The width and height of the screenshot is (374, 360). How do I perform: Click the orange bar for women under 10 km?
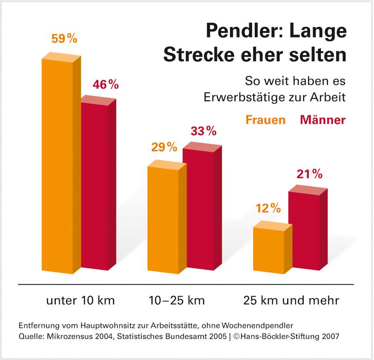click(x=57, y=165)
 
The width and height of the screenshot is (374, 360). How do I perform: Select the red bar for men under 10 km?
click(x=95, y=185)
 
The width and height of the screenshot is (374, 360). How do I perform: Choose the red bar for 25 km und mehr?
click(x=304, y=231)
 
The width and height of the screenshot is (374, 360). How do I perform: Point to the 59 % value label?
click(x=64, y=39)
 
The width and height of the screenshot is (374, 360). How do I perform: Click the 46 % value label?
click(x=106, y=84)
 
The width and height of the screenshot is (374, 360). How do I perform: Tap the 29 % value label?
click(x=164, y=147)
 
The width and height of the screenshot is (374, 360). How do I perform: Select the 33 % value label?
click(x=203, y=131)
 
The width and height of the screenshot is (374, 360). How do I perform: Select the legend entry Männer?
click(x=323, y=119)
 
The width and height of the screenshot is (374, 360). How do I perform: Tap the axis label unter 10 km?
click(x=80, y=300)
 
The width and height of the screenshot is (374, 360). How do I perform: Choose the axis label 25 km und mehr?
click(x=291, y=300)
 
